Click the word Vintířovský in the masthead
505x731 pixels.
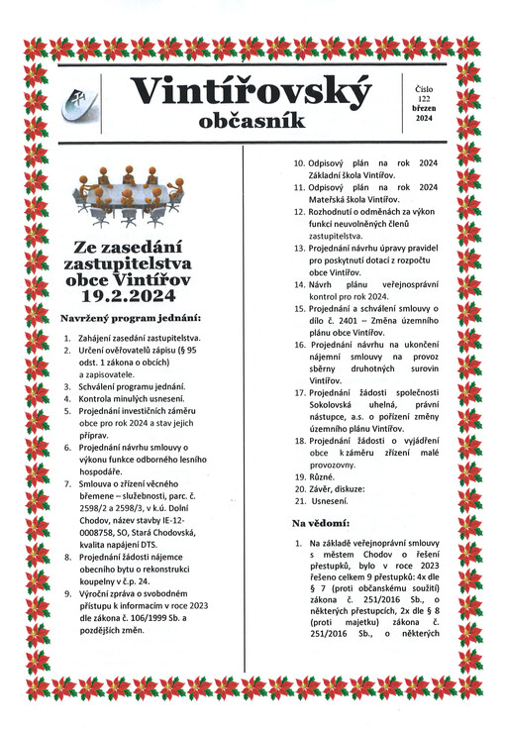point(252,91)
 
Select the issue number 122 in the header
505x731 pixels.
point(424,100)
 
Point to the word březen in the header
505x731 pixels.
point(424,109)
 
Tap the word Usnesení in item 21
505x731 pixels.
point(330,502)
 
